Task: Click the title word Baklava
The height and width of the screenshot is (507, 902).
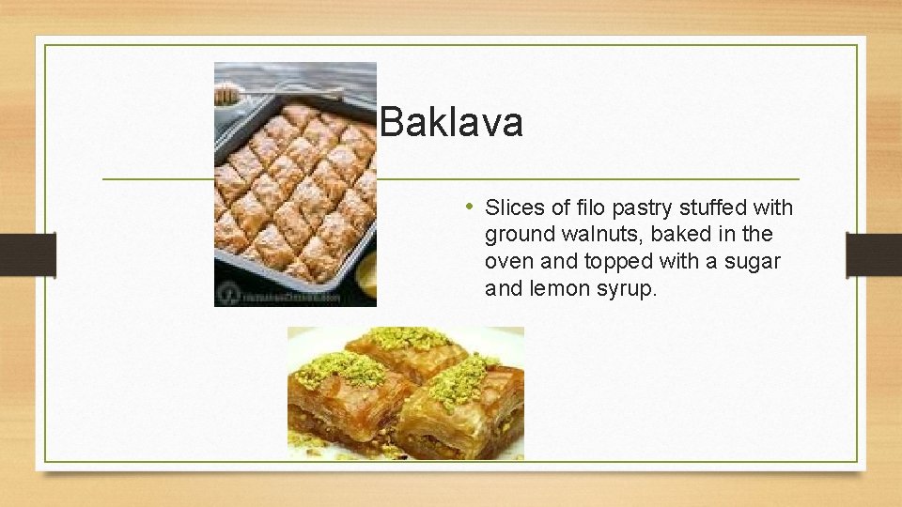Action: (x=452, y=123)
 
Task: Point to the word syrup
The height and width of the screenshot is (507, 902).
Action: (x=627, y=289)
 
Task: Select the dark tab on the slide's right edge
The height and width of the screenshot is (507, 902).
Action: (x=874, y=254)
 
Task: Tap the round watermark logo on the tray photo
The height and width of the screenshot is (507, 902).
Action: (x=226, y=294)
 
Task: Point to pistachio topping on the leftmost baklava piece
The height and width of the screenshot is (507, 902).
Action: (x=339, y=370)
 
